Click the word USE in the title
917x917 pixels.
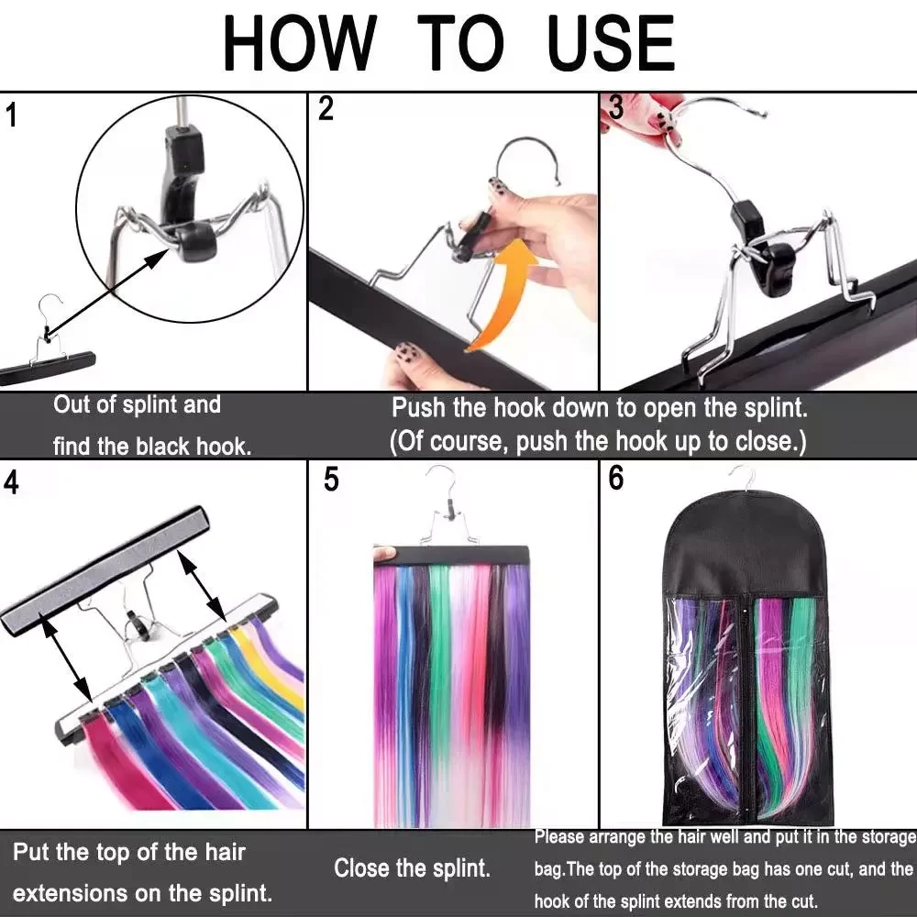point(611,43)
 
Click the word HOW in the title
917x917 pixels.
point(299,43)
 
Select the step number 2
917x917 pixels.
point(326,108)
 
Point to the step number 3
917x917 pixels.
point(616,107)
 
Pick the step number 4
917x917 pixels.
point(11,482)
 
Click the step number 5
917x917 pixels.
point(331,480)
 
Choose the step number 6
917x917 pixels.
point(616,478)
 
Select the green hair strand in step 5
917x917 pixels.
point(440,637)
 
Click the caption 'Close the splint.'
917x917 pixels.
point(412,868)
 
